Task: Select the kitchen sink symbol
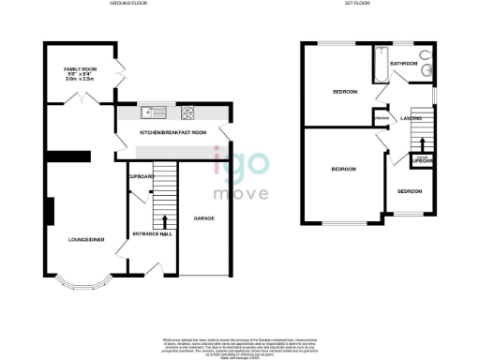tap(151, 113)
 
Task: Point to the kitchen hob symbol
tap(187, 113)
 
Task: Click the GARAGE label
tap(204, 217)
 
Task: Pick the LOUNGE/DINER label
tap(85, 240)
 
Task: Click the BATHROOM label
tap(404, 64)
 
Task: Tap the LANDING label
tap(410, 118)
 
